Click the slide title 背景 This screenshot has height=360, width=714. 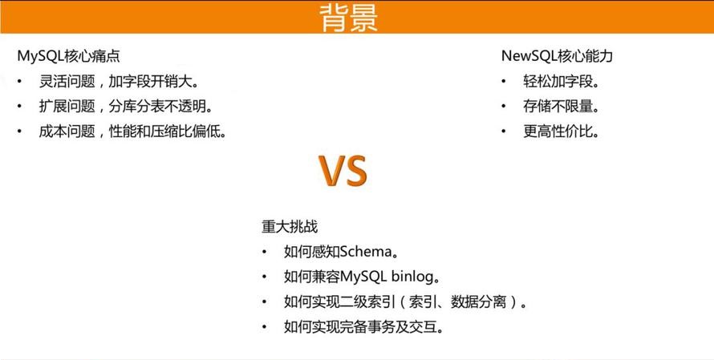(x=348, y=18)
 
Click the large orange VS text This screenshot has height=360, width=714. (x=343, y=171)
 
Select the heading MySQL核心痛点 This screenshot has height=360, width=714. (x=69, y=56)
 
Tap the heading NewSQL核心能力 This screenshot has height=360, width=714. (x=557, y=56)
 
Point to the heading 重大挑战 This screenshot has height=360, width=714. (x=290, y=227)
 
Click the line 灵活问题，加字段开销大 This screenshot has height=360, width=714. (x=120, y=82)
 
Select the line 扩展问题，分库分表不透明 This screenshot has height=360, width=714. (x=126, y=107)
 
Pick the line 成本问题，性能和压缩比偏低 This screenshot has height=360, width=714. (x=133, y=132)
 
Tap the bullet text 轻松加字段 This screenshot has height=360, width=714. (x=561, y=82)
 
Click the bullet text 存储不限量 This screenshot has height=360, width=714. (x=561, y=107)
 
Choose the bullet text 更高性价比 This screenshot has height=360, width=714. (x=561, y=132)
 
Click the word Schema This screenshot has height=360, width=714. (x=366, y=251)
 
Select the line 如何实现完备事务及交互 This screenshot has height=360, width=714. (x=363, y=327)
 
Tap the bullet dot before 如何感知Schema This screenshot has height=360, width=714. (x=264, y=252)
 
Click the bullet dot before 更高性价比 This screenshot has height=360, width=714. (x=504, y=132)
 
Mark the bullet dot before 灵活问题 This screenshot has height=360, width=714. (x=19, y=82)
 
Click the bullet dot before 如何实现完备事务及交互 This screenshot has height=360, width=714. (x=264, y=327)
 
